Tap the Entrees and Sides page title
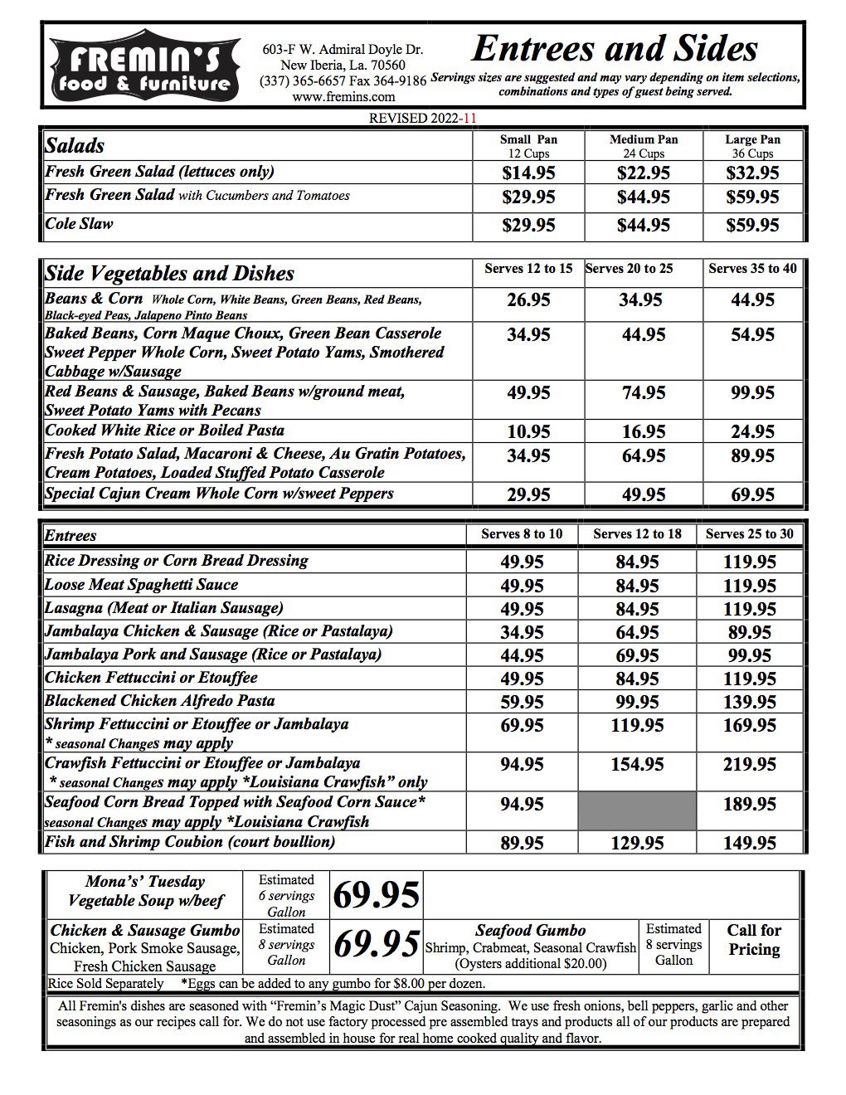614,49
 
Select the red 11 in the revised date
470,118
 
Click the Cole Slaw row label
79,224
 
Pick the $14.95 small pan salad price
528,173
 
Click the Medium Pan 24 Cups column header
643,146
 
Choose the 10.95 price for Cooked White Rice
528,431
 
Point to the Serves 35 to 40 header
751,269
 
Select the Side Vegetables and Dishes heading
169,274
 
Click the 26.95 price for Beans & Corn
528,300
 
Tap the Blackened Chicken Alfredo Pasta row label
159,701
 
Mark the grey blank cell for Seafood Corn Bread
637,810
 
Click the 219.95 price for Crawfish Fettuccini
749,764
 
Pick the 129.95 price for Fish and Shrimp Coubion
637,843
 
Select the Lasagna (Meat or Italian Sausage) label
163,608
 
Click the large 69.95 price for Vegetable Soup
376,895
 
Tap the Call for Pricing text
753,940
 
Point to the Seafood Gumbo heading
530,931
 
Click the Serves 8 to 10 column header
522,534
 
